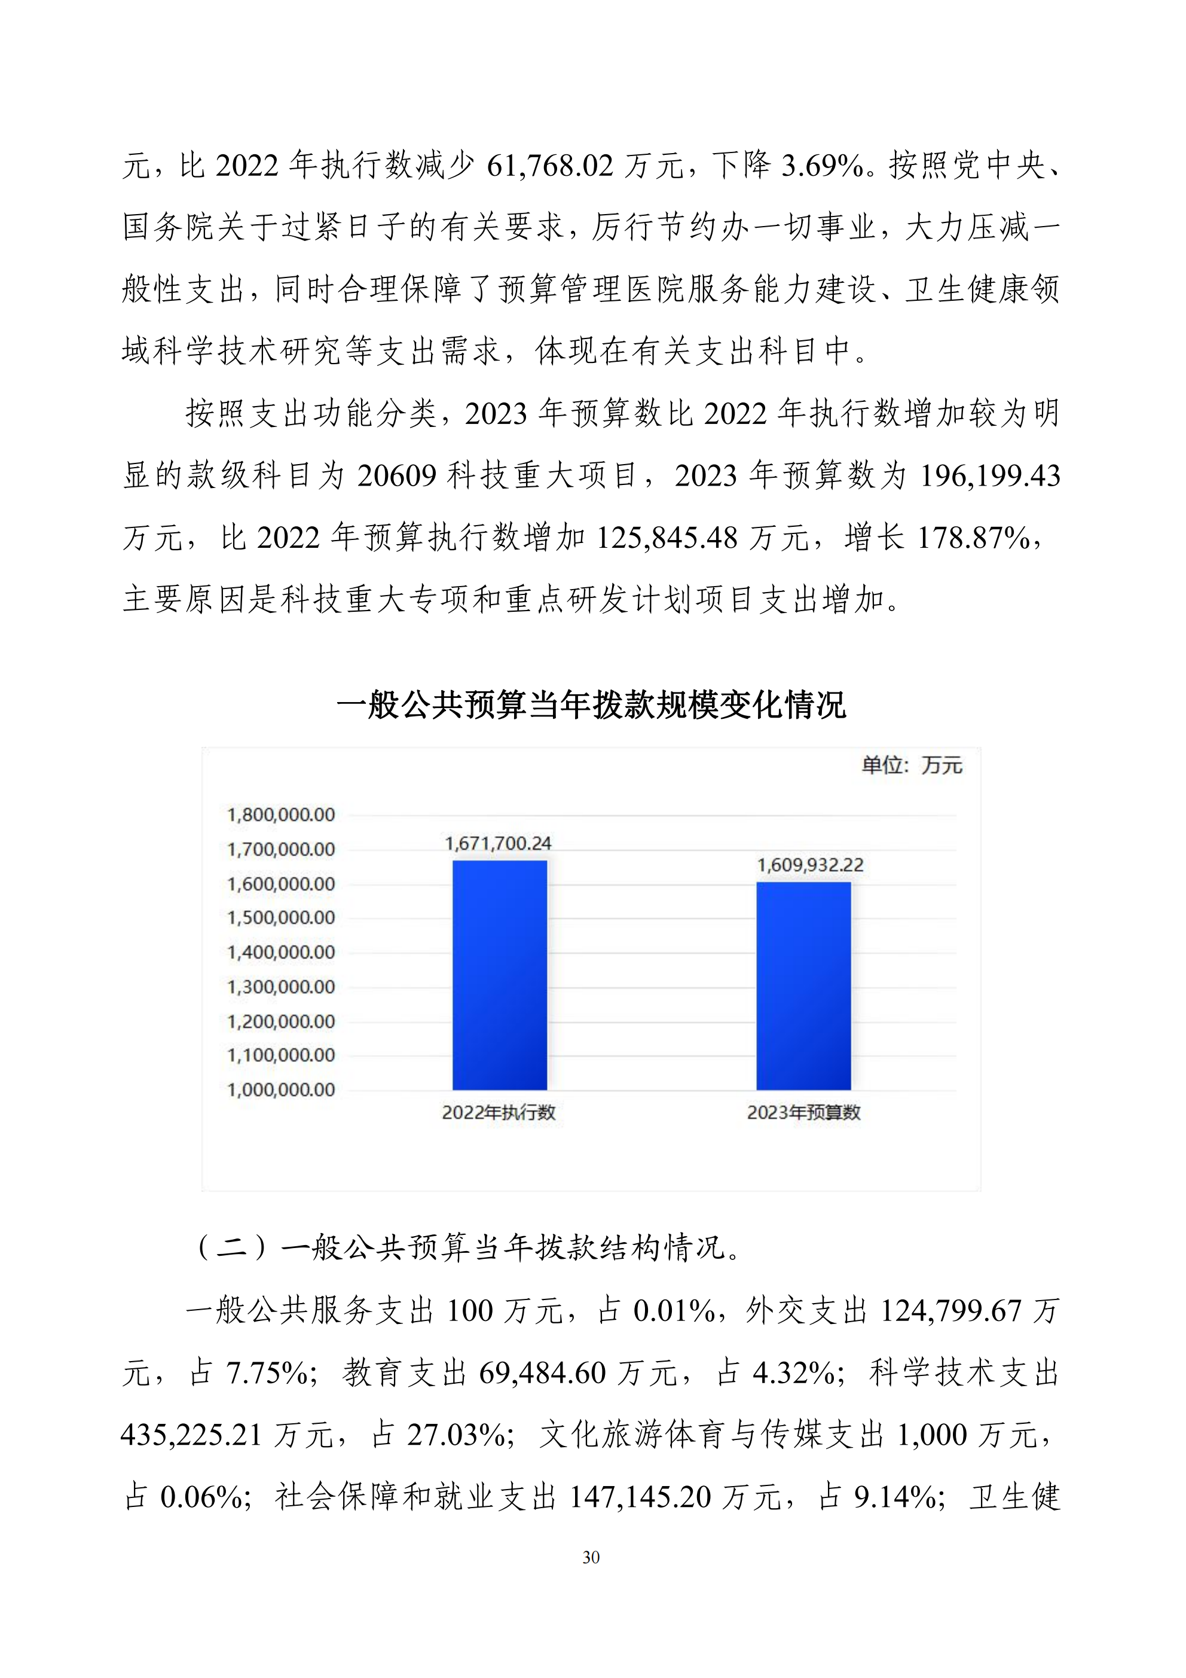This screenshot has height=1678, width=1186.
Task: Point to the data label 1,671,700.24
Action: click(499, 843)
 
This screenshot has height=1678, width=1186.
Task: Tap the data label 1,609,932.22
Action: click(809, 865)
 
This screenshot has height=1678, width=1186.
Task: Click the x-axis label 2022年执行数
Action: click(499, 1112)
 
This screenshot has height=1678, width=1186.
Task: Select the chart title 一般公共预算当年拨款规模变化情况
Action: click(591, 705)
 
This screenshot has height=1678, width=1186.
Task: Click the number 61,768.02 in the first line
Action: click(549, 166)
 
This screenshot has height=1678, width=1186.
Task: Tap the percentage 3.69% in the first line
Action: click(822, 166)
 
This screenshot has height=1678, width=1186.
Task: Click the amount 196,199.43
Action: click(989, 477)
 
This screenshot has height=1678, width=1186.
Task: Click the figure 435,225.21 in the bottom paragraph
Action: click(191, 1435)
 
